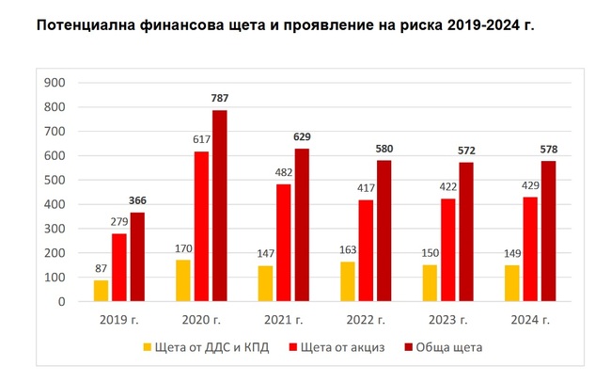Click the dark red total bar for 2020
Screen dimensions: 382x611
pyautogui.click(x=220, y=206)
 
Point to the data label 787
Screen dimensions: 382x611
pyautogui.click(x=220, y=99)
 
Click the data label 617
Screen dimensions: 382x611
pyautogui.click(x=201, y=140)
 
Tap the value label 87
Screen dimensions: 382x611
pyautogui.click(x=101, y=269)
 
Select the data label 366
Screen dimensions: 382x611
pyautogui.click(x=137, y=201)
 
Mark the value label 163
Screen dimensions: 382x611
pyautogui.click(x=346, y=250)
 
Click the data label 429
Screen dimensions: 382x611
pyautogui.click(x=529, y=186)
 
